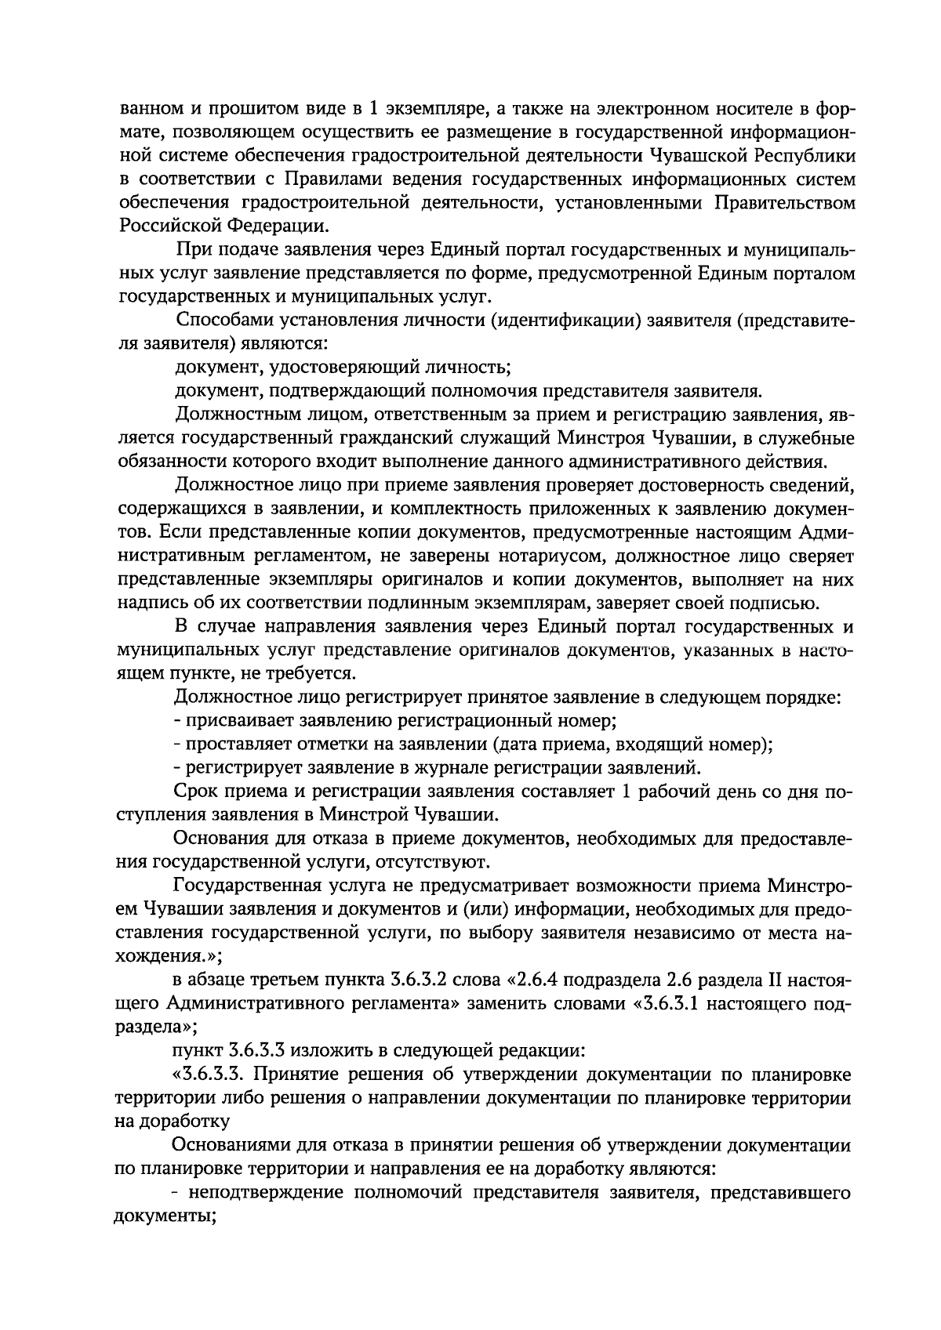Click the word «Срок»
(x=195, y=792)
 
